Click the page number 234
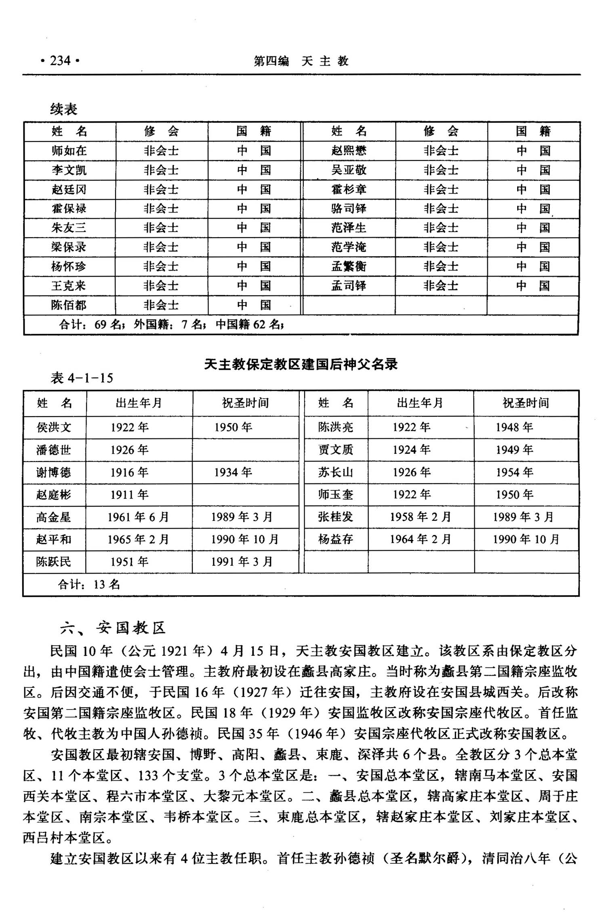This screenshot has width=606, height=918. click(60, 61)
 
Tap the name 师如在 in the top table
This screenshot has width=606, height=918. click(69, 151)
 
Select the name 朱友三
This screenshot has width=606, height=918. click(69, 228)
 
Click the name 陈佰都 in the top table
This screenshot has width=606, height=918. click(69, 305)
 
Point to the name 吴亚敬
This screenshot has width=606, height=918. click(349, 170)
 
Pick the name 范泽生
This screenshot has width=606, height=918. click(349, 228)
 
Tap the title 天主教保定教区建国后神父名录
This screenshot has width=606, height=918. click(301, 364)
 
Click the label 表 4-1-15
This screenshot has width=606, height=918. click(82, 378)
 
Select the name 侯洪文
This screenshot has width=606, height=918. click(54, 427)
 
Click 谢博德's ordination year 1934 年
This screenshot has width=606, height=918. click(233, 472)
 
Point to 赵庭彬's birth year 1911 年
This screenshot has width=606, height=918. click(130, 495)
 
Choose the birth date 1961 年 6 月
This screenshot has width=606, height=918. click(138, 517)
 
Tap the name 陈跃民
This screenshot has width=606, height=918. click(54, 562)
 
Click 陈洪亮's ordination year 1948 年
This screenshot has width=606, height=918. click(514, 427)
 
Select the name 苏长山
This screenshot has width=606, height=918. click(335, 472)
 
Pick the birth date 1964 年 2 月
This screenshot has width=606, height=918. click(420, 539)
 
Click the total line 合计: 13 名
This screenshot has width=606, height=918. click(89, 584)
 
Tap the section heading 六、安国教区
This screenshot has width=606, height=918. click(113, 628)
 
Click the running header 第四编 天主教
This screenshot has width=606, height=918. click(301, 61)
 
